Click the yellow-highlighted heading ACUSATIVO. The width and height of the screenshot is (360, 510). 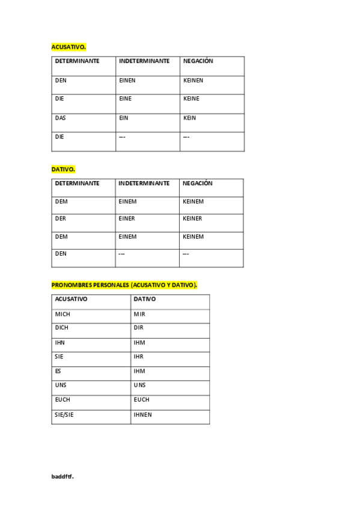coord(69,46)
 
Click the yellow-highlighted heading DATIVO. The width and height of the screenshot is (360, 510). coord(63,170)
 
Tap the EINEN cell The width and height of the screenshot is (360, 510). coord(127,80)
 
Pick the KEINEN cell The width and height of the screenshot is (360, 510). coord(193,80)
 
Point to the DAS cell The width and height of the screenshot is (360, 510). coord(61,118)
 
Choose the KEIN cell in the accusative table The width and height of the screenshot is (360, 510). coord(189,118)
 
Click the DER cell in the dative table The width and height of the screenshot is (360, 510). coord(61,218)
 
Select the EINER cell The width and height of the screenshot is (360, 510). coord(127,218)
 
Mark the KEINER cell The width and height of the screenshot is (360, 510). coord(192,218)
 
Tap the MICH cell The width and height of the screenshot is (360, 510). coord(63,314)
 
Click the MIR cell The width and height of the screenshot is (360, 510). coord(139,314)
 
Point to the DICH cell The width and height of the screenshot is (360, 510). coord(61,328)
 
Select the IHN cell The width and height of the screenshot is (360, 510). coord(59,343)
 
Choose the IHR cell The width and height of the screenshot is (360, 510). coord(139,357)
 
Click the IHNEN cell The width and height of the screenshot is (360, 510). coord(142,414)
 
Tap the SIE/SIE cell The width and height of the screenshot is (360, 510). coord(64,414)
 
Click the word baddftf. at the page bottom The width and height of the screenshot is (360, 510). coord(63,476)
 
